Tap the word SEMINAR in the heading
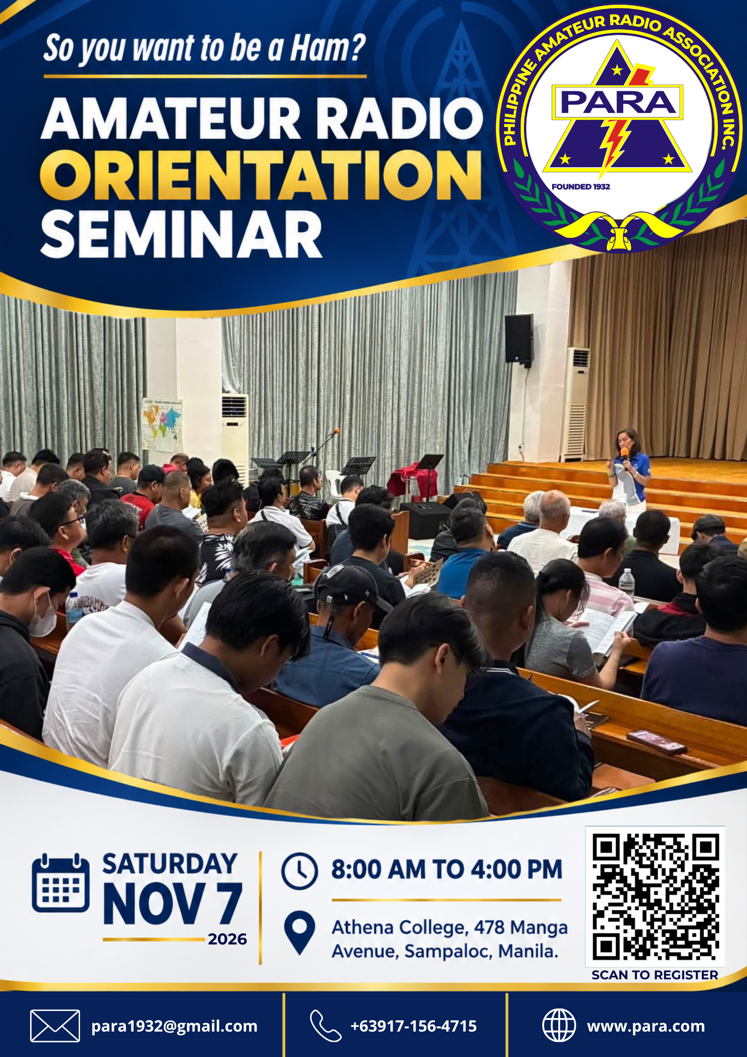(x=182, y=234)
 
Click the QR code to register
(x=655, y=897)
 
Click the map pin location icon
(x=300, y=933)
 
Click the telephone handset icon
(x=325, y=1025)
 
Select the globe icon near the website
(x=559, y=1025)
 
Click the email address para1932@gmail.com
(x=174, y=1026)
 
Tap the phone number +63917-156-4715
(x=414, y=1026)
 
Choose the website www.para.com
(x=646, y=1026)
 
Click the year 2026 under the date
(x=227, y=939)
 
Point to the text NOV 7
(x=173, y=903)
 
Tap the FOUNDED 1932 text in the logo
(x=581, y=186)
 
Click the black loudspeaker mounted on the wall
(x=519, y=339)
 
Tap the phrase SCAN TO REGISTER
(x=655, y=975)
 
